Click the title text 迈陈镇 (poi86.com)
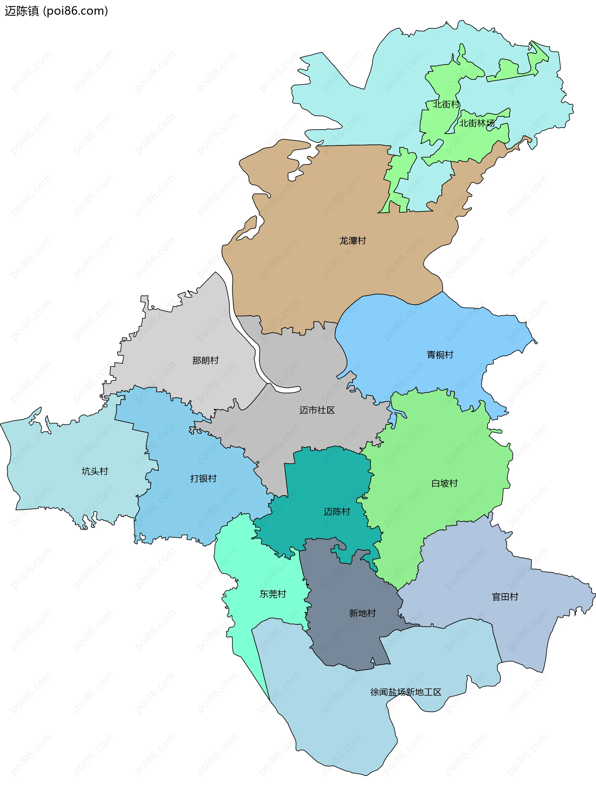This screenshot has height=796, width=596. [x=56, y=11]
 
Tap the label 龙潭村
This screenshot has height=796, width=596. [x=353, y=240]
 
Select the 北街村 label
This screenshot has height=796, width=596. [x=446, y=104]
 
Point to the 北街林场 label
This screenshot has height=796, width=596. [x=476, y=123]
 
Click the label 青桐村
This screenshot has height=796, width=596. [x=440, y=355]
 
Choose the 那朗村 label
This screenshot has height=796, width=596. [x=205, y=360]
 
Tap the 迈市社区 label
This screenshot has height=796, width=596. [x=317, y=410]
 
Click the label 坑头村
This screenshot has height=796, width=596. [x=95, y=471]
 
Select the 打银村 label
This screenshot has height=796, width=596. [x=203, y=478]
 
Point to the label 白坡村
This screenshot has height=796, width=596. [x=444, y=483]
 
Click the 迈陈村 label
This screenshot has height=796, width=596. [x=337, y=511]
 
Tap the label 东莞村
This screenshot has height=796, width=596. [x=273, y=594]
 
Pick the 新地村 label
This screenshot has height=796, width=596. [x=362, y=613]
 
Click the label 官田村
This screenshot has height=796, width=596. [x=505, y=597]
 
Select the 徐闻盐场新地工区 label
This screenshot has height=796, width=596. [x=406, y=692]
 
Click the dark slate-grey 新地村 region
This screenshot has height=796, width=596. [x=345, y=640]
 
